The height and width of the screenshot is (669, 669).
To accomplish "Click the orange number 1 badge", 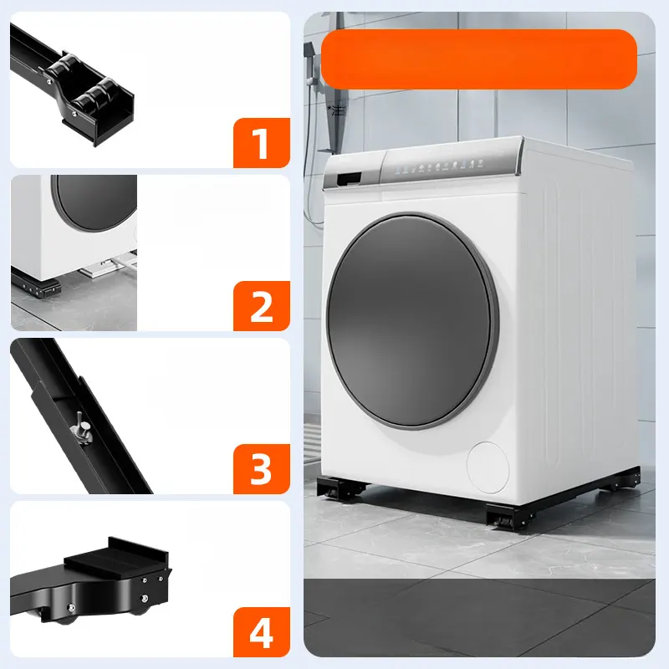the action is point(262,143).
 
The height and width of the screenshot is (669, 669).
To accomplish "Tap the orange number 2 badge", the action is point(262,306).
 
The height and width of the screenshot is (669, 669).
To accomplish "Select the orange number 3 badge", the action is point(262,469).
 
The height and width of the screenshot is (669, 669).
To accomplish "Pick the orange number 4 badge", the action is point(262,632).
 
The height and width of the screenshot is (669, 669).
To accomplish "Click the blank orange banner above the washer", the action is point(478,59).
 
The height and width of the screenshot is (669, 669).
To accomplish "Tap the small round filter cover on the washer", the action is point(488,467).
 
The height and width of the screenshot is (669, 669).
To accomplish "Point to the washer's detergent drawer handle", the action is point(349,178).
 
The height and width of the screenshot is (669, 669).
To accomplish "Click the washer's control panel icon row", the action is point(440,166).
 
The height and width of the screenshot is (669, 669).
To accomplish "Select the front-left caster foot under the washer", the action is point(341,488).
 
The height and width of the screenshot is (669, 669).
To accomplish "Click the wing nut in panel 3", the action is point(83,427).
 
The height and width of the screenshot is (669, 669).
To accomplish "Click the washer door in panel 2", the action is point(94,202).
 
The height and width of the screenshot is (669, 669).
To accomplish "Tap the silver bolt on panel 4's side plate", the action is point(145,598).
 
